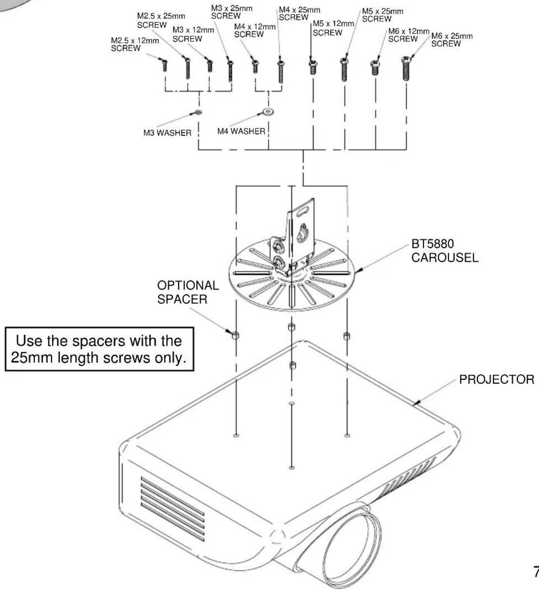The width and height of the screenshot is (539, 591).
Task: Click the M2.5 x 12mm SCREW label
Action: pyautogui.click(x=135, y=44)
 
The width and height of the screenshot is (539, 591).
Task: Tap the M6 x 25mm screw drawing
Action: pyautogui.click(x=406, y=68)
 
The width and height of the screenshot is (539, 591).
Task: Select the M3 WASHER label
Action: pyautogui.click(x=167, y=133)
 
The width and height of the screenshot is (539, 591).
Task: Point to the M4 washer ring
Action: pyautogui.click(x=268, y=112)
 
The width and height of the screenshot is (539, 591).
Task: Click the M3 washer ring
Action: pyautogui.click(x=199, y=112)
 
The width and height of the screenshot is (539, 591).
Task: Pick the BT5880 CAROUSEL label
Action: pyautogui.click(x=445, y=251)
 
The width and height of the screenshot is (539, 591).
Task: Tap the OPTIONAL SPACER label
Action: pyautogui.click(x=188, y=292)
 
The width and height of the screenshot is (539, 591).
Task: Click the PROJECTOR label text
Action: pyautogui.click(x=497, y=380)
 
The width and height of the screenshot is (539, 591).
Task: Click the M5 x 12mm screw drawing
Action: pyautogui.click(x=313, y=67)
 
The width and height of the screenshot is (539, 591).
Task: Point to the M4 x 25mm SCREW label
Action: pyautogui.click(x=299, y=14)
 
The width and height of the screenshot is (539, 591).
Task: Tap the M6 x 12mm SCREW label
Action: pyautogui.click(x=408, y=35)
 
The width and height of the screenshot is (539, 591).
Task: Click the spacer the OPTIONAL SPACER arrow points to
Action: pyautogui.click(x=236, y=335)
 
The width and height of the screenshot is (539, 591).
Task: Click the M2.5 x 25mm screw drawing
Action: pyautogui.click(x=187, y=68)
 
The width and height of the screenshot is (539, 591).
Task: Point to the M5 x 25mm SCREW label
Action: pyautogui.click(x=383, y=15)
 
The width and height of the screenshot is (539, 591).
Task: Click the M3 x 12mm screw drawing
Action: pyautogui.click(x=209, y=66)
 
